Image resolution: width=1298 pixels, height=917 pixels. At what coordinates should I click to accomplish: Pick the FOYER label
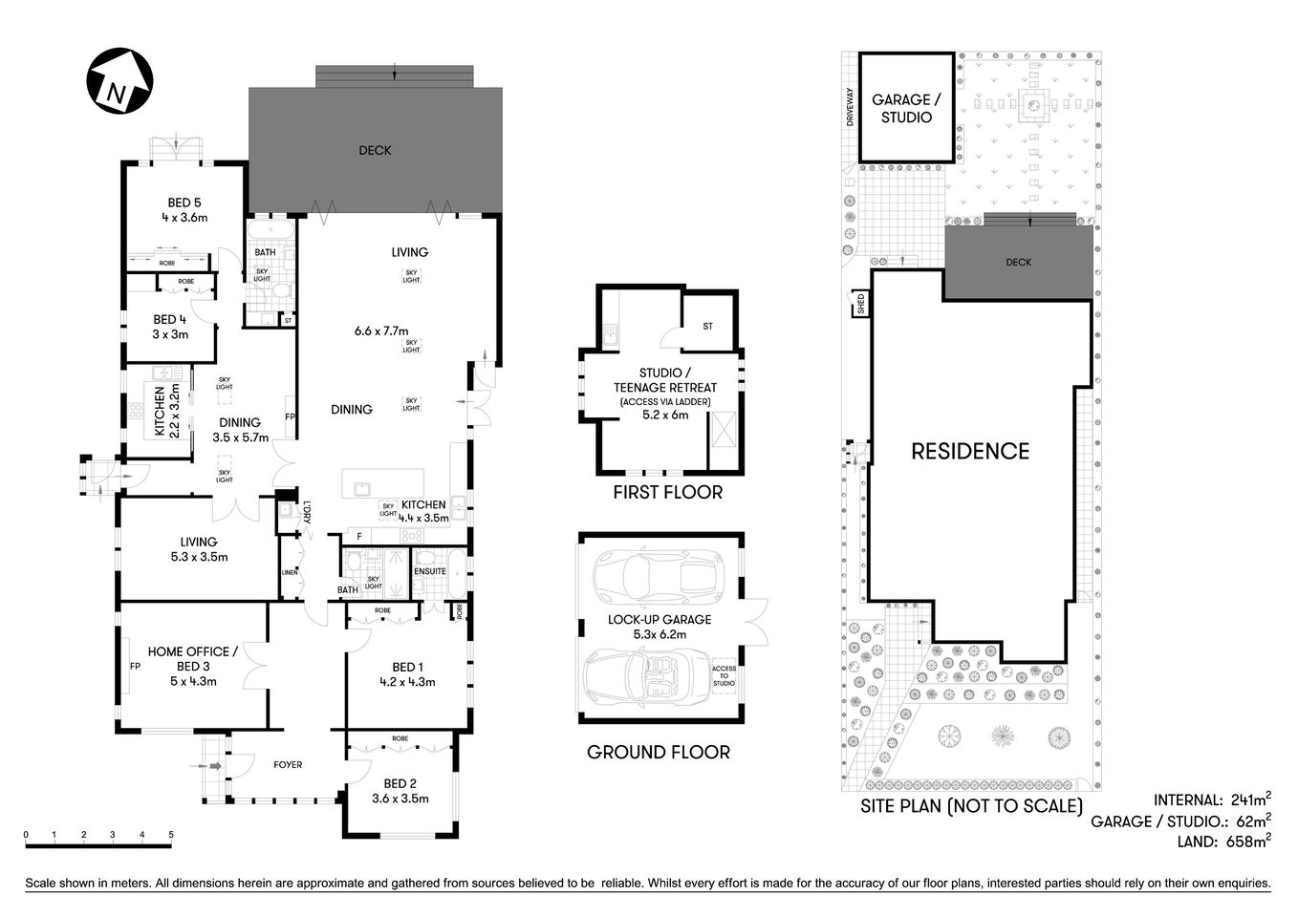288,764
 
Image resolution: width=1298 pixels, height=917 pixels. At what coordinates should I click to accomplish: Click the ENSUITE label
430,571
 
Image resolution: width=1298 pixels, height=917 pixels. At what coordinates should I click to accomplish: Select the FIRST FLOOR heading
667,493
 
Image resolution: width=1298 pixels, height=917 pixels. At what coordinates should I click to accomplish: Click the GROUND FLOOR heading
658,753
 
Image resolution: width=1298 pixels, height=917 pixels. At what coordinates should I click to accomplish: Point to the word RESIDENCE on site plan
969,452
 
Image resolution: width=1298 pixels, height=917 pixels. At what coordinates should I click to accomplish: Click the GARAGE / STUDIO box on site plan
906,108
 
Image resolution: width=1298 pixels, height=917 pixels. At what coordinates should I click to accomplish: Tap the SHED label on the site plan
860,305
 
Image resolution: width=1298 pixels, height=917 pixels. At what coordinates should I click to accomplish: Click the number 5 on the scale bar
171,835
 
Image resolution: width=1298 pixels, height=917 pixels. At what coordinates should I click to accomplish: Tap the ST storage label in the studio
708,327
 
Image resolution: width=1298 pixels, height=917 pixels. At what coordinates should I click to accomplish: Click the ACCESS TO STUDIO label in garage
724,675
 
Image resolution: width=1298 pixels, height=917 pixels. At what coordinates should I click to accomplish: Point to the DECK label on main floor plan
375,150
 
